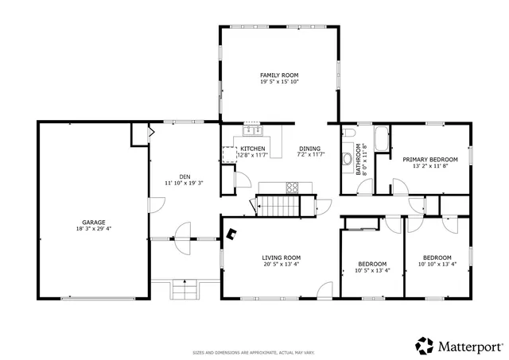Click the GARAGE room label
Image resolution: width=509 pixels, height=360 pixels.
[94, 223]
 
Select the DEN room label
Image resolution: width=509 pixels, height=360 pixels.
[185, 176]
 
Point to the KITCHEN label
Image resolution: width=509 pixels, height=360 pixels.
[253, 149]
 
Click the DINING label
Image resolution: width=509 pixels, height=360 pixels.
[310, 149]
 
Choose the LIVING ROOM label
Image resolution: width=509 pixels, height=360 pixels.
[282, 257]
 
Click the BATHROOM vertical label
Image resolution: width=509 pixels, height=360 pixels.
[359, 159]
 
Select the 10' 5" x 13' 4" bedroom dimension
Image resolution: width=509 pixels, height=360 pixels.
[371, 270]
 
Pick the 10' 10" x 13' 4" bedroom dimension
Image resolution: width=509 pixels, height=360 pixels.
[437, 264]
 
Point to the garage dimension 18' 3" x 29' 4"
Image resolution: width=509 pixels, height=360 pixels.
[94, 229]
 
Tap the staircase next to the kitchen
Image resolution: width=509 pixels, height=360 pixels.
[278, 206]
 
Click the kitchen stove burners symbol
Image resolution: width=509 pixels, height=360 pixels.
[292, 188]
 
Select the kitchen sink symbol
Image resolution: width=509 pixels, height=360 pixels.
[253, 130]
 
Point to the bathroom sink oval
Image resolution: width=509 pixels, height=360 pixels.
[348, 159]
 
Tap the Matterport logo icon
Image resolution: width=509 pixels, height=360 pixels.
[425, 345]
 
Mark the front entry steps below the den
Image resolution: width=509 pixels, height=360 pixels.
[185, 289]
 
